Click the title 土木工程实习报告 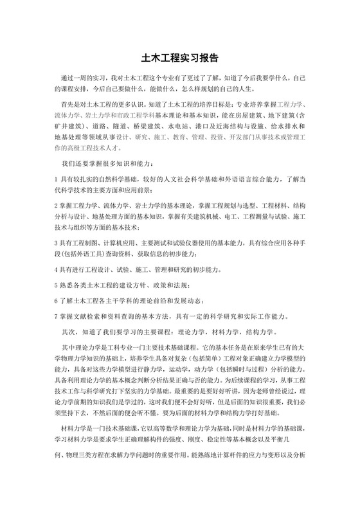(x=179, y=57)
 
